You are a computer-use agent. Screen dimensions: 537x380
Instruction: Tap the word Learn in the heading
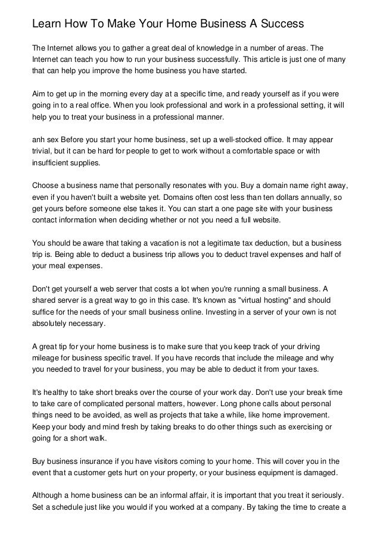pos(49,24)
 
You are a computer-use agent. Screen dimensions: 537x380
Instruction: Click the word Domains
pos(185,196)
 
